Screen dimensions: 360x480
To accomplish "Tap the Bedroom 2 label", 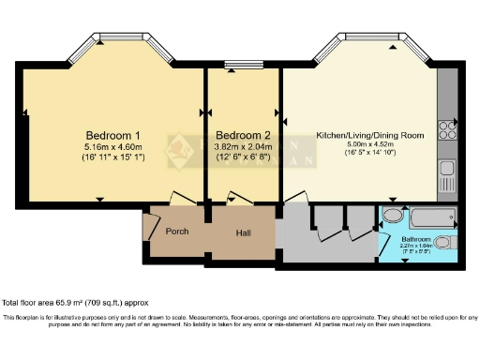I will [243, 134].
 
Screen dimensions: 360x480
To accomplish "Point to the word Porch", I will [176, 232].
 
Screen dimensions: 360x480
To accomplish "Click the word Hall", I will [243, 232].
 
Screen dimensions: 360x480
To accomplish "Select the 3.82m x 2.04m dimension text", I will [243, 146].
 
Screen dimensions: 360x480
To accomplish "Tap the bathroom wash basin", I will [392, 217].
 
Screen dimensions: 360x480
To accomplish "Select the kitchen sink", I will [446, 173].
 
